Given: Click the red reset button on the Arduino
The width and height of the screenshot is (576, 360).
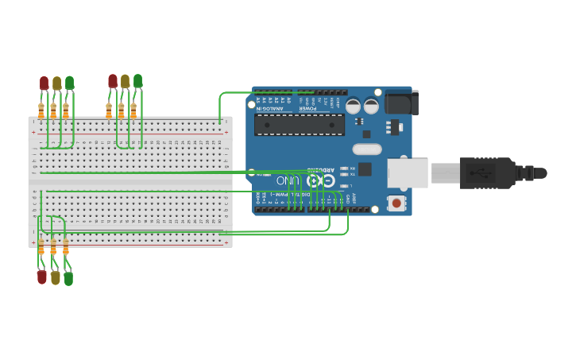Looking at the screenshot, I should pyautogui.click(x=396, y=203).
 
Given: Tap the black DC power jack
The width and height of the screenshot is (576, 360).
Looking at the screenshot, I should pyautogui.click(x=401, y=103).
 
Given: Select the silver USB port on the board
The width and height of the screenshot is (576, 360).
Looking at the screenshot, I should pyautogui.click(x=408, y=173).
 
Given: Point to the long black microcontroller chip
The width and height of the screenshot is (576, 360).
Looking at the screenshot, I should pyautogui.click(x=300, y=125).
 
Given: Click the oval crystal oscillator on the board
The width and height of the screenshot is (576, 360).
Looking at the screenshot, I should pyautogui.click(x=367, y=149).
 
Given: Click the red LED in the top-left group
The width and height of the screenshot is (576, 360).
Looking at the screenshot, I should pyautogui.click(x=44, y=83).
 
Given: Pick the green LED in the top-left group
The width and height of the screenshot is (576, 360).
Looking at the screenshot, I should pyautogui.click(x=69, y=83).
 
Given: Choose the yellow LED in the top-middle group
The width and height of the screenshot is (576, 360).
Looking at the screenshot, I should pyautogui.click(x=125, y=81).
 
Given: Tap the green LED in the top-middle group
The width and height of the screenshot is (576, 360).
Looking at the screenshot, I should pyautogui.click(x=137, y=81).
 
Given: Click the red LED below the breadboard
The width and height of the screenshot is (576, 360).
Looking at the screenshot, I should pyautogui.click(x=42, y=277).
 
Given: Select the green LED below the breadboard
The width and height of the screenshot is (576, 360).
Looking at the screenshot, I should pyautogui.click(x=68, y=278).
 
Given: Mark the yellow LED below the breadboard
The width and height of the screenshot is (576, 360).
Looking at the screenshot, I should pyautogui.click(x=55, y=278).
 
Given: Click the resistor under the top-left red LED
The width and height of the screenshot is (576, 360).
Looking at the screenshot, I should pyautogui.click(x=41, y=110).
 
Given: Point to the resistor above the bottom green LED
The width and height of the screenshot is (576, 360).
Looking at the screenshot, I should pyautogui.click(x=66, y=246).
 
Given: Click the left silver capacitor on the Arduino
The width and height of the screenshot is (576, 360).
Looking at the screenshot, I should pyautogui.click(x=353, y=106).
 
